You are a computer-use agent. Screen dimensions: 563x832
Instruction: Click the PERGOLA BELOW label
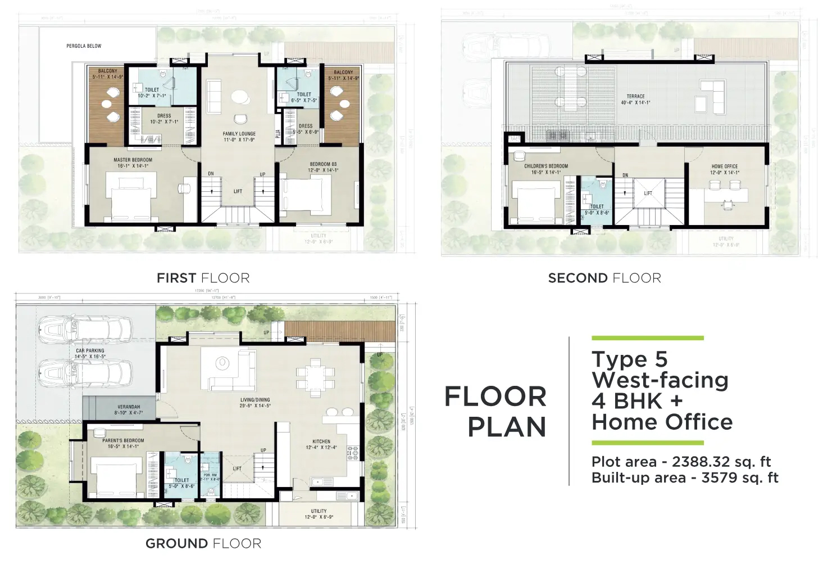pos(84,46)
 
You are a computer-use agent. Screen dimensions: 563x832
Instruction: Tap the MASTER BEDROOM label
pos(133,160)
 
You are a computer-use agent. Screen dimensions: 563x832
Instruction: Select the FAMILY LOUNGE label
pos(239,134)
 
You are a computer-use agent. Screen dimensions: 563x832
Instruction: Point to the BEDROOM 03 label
pos(324,164)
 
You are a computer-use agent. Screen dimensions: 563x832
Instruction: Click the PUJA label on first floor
pos(278,133)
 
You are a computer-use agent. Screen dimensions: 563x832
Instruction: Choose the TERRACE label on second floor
pos(635,96)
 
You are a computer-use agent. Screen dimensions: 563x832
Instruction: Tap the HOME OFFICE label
pos(724,166)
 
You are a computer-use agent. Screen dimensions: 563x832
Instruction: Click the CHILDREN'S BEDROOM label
pos(545,166)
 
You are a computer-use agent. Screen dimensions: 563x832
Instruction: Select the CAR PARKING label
pos(90,350)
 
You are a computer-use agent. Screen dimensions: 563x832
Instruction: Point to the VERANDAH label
pos(129,407)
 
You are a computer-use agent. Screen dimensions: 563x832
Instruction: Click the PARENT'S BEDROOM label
pos(123,440)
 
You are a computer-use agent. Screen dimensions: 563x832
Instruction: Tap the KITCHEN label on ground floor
pos(321,442)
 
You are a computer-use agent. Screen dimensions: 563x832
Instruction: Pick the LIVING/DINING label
pos(255,400)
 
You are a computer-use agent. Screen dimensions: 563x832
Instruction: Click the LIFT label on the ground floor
pos(237,469)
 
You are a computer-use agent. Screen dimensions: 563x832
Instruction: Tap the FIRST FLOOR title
pos(203,278)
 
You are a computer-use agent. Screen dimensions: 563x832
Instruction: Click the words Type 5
pos(629,359)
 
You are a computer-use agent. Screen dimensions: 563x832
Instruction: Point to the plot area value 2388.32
pos(712,462)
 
